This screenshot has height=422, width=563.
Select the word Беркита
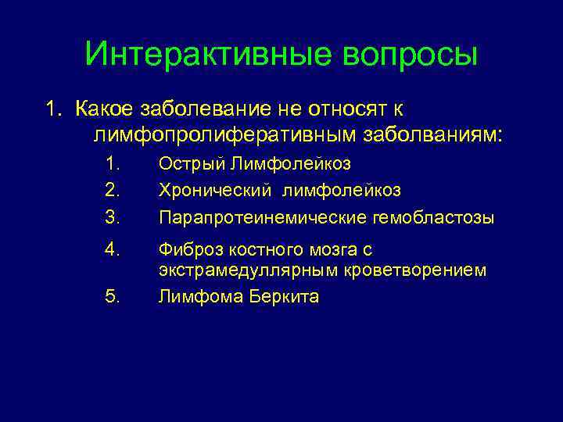[282, 297]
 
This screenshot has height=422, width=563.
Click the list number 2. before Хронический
[113, 190]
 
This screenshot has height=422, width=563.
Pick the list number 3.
[113, 216]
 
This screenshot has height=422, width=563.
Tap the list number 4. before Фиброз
[113, 249]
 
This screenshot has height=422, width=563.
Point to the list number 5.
[113, 297]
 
